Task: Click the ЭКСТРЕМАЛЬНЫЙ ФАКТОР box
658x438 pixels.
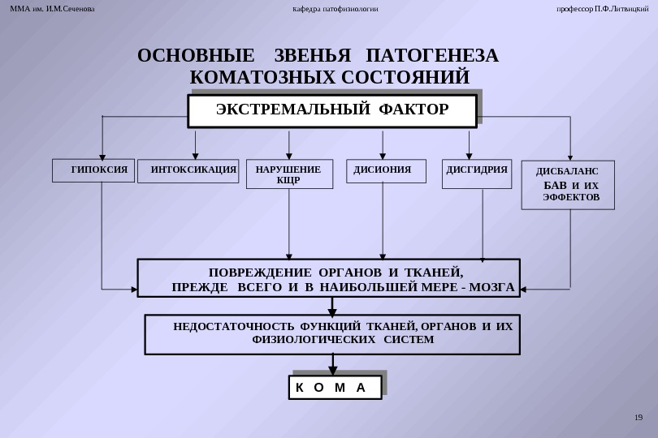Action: coord(331,111)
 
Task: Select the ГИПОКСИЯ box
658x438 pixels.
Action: coord(93,170)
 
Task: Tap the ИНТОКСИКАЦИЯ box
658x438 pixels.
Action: coord(188,170)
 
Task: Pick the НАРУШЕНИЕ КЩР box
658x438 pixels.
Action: coord(289,174)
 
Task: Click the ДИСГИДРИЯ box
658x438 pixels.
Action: coord(477,173)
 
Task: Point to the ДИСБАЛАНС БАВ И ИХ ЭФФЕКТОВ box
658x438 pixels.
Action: coord(568,185)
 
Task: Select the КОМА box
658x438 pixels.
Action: coord(335,388)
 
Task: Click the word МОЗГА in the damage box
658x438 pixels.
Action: coord(491,287)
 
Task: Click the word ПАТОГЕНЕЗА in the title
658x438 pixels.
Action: coord(432,56)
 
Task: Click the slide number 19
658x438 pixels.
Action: coord(638,418)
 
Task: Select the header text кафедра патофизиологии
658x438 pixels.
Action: coord(335,9)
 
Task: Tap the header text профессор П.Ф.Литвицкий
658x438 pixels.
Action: coord(602,9)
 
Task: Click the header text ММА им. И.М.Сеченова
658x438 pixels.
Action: coord(52,9)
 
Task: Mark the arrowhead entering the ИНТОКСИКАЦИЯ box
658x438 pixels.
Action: coord(195,157)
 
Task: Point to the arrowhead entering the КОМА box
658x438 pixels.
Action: coord(332,371)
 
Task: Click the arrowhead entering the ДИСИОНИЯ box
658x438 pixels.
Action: coord(383,157)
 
